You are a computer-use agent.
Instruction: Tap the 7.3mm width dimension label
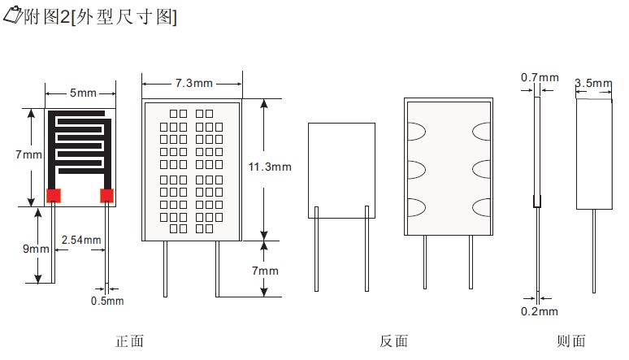click(x=193, y=83)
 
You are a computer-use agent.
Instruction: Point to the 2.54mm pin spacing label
click(x=81, y=240)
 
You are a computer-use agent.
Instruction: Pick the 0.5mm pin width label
click(x=108, y=301)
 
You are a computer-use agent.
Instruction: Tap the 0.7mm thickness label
click(x=540, y=78)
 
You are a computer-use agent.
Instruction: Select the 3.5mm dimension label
click(x=592, y=83)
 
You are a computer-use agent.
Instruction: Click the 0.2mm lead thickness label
click(x=540, y=311)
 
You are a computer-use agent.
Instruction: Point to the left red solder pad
click(x=54, y=195)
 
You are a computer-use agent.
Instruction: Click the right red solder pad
click(x=106, y=195)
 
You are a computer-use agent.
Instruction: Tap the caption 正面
click(x=130, y=341)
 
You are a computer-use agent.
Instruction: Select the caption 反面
click(x=393, y=341)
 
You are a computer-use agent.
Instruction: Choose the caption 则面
click(x=571, y=341)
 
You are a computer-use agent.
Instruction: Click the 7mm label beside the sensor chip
click(x=31, y=154)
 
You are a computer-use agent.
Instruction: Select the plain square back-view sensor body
click(x=341, y=170)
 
